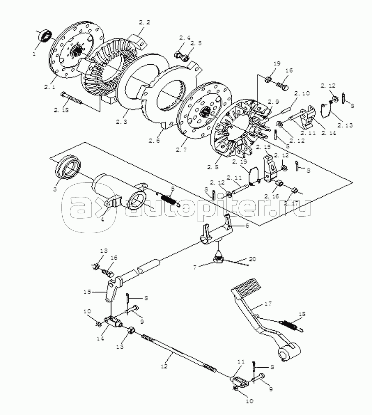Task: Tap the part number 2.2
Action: [144, 22]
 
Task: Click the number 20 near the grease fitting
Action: [253, 259]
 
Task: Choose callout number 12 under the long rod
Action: [164, 366]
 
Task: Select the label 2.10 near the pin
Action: [303, 94]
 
